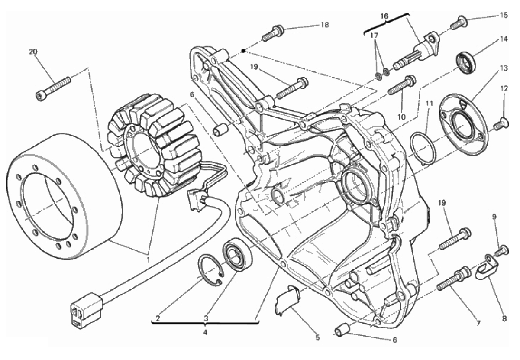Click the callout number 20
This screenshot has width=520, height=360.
(33, 52)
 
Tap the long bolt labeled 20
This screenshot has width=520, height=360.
(53, 89)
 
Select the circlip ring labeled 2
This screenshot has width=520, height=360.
(210, 270)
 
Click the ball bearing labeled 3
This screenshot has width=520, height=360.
(237, 254)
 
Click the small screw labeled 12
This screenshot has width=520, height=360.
(501, 123)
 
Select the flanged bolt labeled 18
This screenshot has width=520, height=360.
(273, 33)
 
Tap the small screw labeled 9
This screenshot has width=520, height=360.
(502, 251)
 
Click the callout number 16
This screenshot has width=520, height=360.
(384, 16)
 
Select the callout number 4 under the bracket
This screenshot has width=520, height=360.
(205, 333)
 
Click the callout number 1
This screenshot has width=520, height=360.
(148, 259)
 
